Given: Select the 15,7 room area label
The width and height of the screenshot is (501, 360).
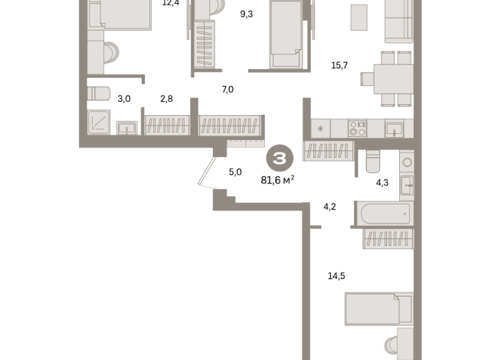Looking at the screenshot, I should (339, 65).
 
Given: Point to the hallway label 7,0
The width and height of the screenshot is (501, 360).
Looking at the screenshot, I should (227, 90).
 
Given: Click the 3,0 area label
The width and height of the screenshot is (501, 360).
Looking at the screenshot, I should (102, 99).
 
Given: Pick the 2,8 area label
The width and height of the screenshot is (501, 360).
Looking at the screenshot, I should (166, 99).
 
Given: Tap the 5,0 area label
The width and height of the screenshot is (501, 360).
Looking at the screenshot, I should (235, 172).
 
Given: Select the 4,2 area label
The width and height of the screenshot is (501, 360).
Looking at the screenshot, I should (330, 206).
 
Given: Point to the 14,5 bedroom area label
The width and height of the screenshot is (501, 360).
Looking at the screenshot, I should (335, 276).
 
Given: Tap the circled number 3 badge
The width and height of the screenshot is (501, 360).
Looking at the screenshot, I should (279, 159).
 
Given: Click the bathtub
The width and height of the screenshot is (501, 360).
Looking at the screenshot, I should (382, 214).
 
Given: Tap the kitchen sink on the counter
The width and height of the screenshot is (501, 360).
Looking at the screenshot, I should (394, 129).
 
